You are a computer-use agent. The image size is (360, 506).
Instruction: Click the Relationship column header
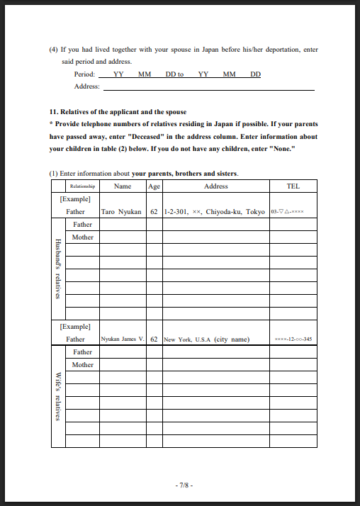tap(82, 186)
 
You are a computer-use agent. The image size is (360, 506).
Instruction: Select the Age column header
tap(154, 186)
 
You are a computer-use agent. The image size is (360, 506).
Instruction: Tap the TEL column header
tap(293, 186)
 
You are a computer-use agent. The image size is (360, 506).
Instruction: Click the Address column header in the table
tap(215, 186)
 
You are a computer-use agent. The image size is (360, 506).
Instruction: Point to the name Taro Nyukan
tap(122, 212)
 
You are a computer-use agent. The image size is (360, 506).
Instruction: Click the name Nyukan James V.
tap(123, 339)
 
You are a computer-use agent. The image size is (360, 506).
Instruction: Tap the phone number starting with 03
tap(287, 212)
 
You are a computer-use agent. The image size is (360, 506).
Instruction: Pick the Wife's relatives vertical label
tap(58, 396)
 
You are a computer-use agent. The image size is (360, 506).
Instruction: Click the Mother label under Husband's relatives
tap(82, 237)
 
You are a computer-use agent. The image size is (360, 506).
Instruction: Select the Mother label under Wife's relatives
tap(82, 365)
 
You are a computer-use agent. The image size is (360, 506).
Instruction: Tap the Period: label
tap(84, 74)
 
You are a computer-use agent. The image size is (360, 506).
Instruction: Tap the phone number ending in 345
tap(293, 339)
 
